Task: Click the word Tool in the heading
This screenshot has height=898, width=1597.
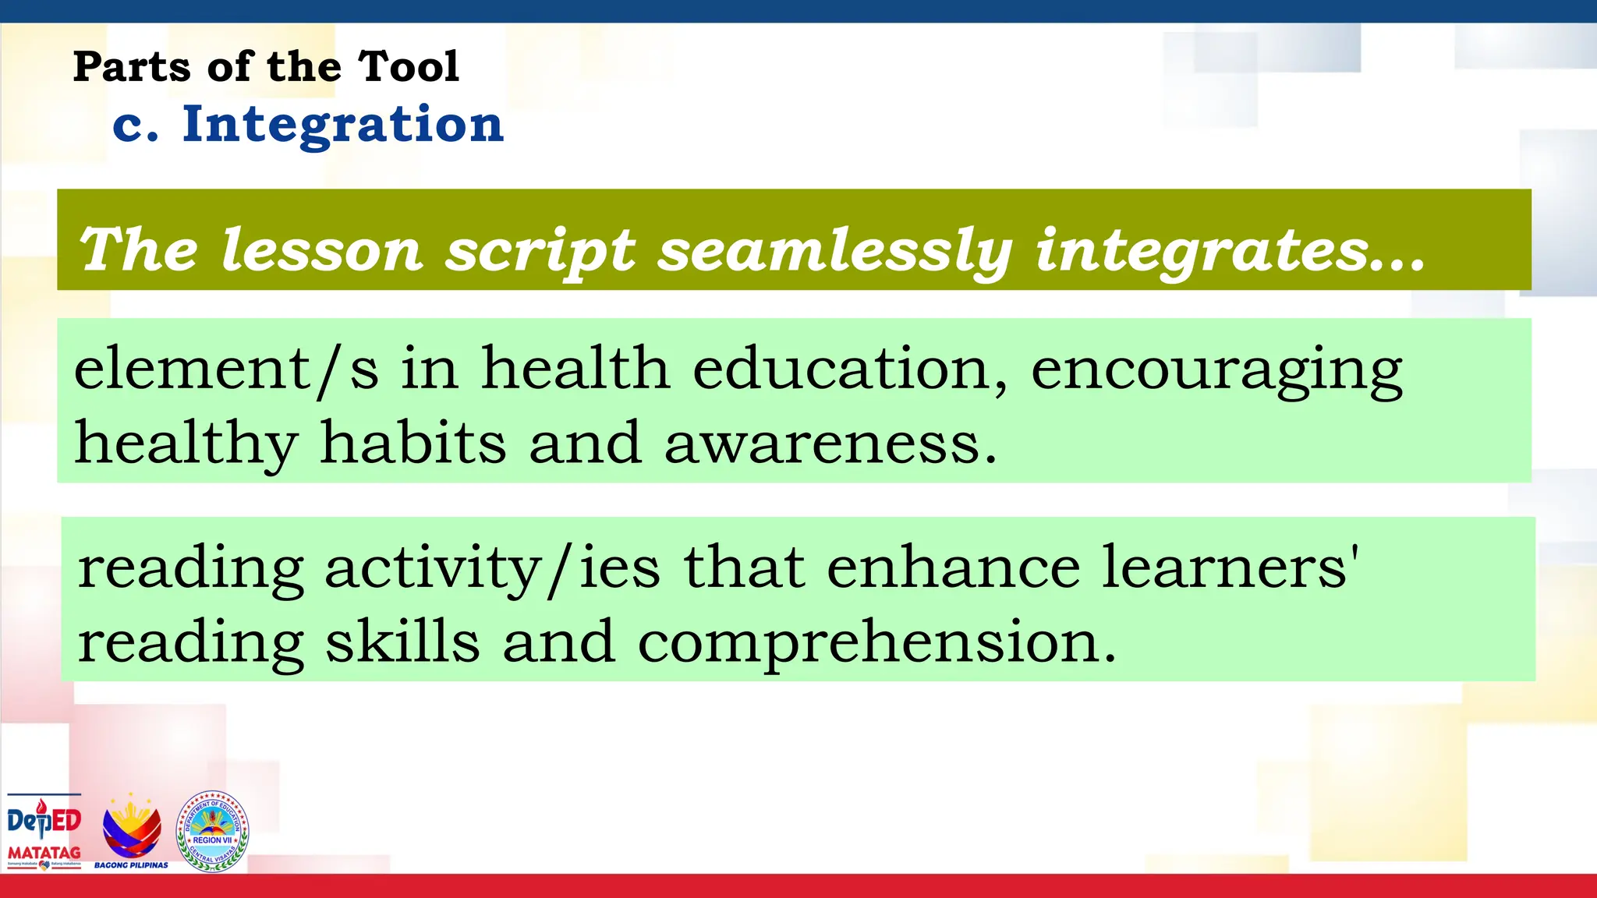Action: pyautogui.click(x=409, y=66)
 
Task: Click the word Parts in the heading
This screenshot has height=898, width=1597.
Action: pyautogui.click(x=131, y=66)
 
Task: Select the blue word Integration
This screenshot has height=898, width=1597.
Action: pyautogui.click(x=343, y=125)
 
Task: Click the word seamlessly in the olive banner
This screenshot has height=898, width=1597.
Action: pyautogui.click(x=834, y=251)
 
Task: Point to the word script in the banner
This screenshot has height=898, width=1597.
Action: pyautogui.click(x=540, y=251)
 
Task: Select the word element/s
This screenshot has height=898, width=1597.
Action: pyautogui.click(x=226, y=369)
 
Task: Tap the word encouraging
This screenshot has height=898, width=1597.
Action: pyautogui.click(x=1216, y=369)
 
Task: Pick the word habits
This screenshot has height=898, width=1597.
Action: pyautogui.click(x=413, y=443)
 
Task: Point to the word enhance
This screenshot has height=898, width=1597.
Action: pyautogui.click(x=953, y=567)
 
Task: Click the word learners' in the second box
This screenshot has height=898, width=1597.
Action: pyautogui.click(x=1231, y=567)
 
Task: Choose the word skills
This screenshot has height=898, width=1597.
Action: pyautogui.click(x=402, y=642)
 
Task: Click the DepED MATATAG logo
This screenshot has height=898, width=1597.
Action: pyautogui.click(x=44, y=831)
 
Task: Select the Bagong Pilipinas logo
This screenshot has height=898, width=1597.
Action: pyautogui.click(x=132, y=831)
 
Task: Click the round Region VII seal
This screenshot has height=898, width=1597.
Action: pyautogui.click(x=212, y=831)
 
